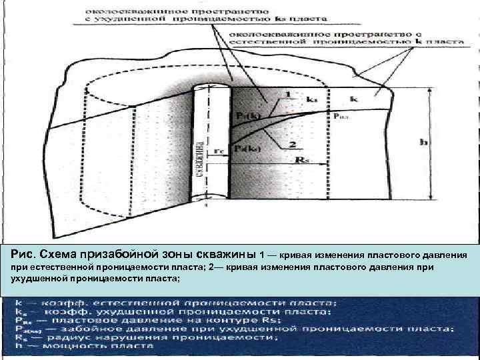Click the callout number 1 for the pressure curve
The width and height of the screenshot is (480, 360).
[x=287, y=95]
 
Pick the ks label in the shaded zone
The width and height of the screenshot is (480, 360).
[x=311, y=99]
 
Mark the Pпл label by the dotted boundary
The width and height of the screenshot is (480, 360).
[x=340, y=115]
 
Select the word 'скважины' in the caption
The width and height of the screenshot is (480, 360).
[x=227, y=254]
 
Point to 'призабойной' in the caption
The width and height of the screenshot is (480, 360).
[x=117, y=254]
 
